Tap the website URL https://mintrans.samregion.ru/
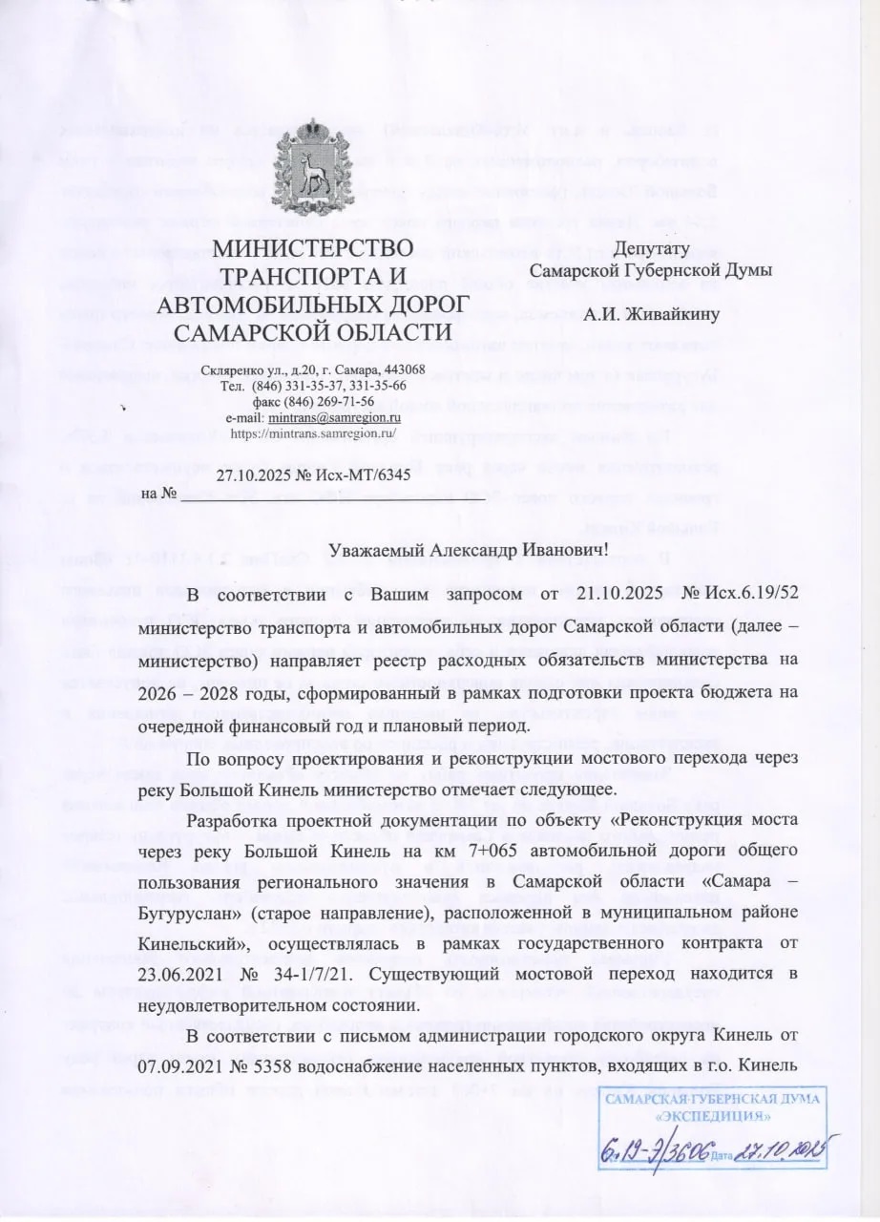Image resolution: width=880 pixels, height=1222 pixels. [x=313, y=432]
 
